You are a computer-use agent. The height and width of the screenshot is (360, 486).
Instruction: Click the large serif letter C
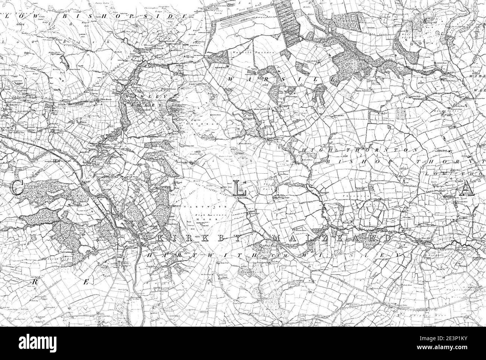point(16,187)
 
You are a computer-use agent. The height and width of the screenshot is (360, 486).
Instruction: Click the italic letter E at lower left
point(86,283)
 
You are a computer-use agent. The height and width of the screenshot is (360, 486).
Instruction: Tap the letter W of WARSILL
point(231,79)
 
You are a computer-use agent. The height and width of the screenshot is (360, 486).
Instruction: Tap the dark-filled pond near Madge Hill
point(65,60)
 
